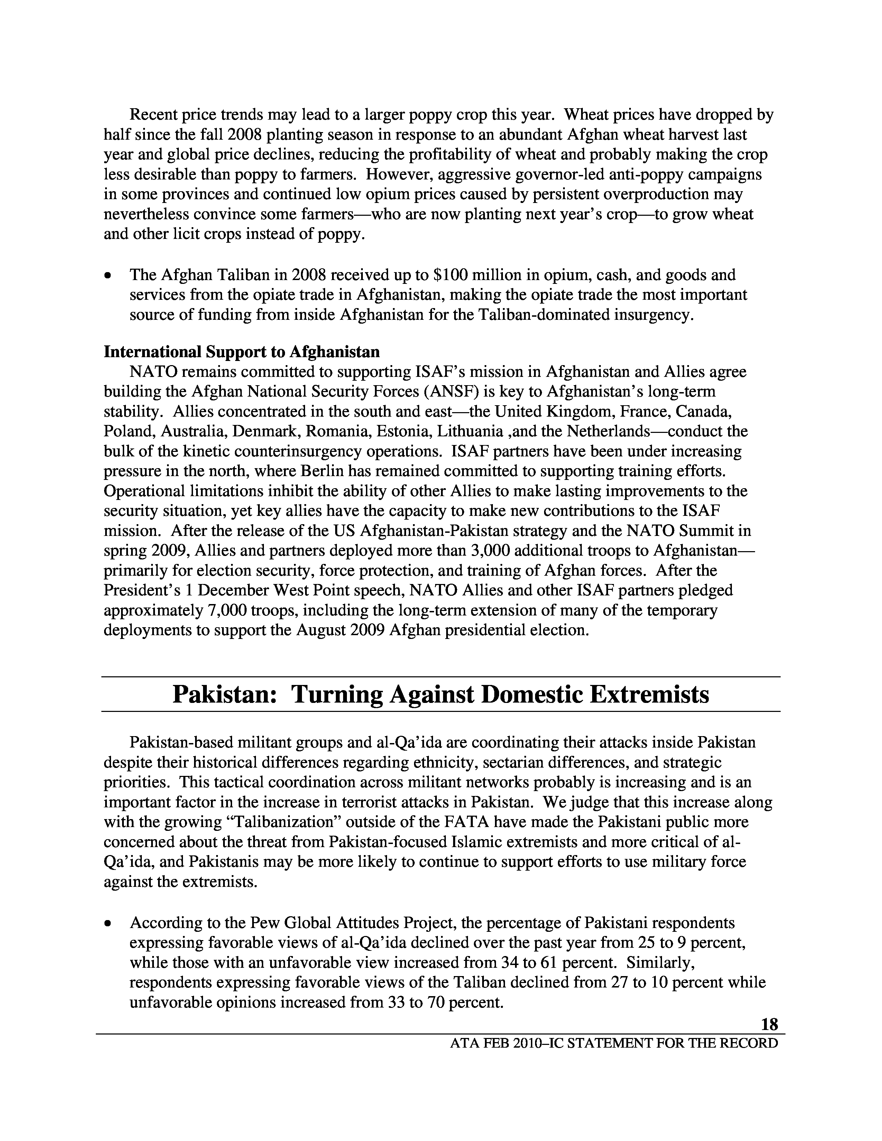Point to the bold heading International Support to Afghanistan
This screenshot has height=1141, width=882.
(241, 352)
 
